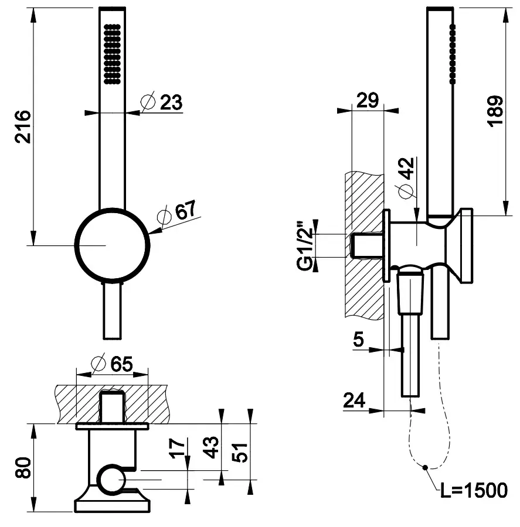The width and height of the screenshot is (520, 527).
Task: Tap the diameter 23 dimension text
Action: click(163, 102)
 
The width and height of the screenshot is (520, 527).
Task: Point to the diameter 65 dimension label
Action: click(113, 364)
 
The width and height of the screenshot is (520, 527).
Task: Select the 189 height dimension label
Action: click(495, 110)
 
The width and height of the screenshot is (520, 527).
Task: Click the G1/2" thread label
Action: click(304, 245)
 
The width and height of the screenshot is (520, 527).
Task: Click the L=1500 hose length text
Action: click(474, 491)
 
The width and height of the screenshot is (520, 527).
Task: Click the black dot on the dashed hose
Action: click(426, 467)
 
